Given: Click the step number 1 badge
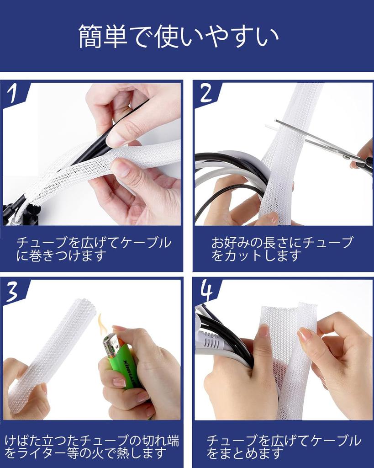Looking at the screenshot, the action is tap(13, 93).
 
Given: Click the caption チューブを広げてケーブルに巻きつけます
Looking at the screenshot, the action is tap(94, 249).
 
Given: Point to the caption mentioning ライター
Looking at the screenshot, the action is tap(92, 447).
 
